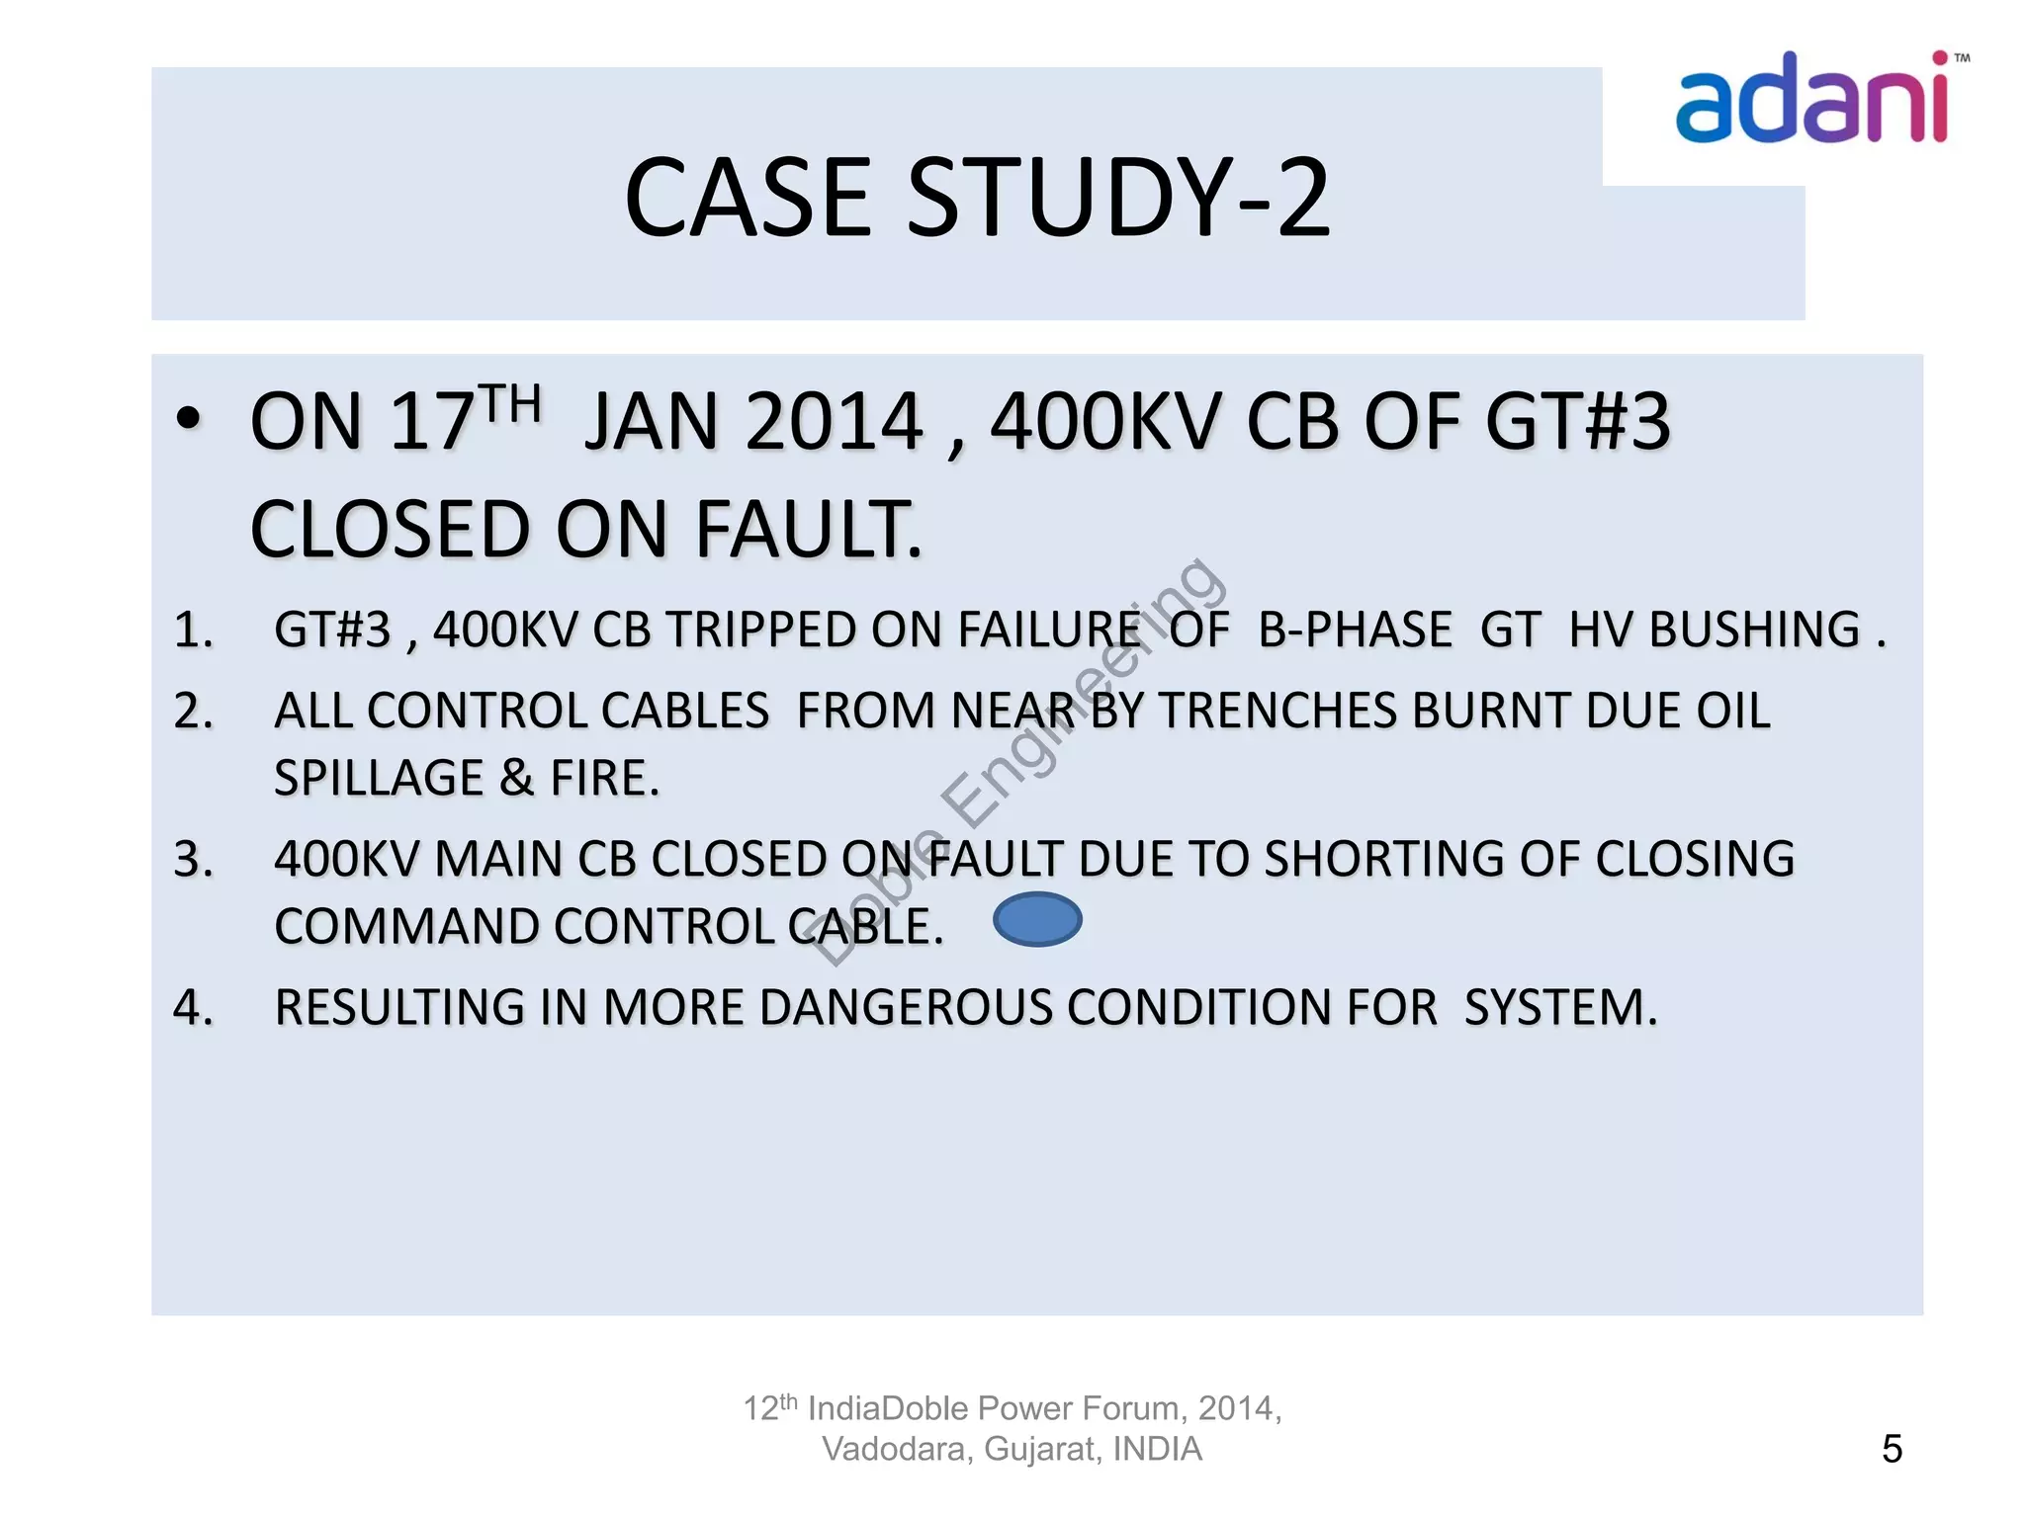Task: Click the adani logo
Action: [1811, 99]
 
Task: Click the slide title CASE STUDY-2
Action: [977, 198]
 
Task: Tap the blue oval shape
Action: [1037, 919]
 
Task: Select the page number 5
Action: [1892, 1449]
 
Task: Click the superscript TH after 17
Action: [512, 404]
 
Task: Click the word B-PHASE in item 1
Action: [1355, 631]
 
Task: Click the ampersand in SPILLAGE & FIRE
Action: [516, 779]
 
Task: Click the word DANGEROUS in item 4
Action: [908, 1008]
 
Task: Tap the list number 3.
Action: [193, 859]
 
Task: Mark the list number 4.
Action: [193, 1008]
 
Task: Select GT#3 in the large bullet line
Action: [1577, 422]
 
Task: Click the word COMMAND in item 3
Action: [408, 927]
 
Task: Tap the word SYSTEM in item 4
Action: [1559, 1008]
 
